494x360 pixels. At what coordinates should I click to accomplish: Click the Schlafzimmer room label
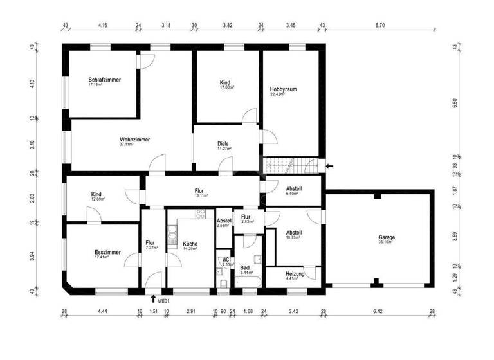click(105, 80)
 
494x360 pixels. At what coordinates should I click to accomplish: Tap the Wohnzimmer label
click(134, 139)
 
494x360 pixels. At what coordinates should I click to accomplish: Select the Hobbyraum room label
click(283, 89)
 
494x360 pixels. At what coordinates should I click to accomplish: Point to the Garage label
click(387, 237)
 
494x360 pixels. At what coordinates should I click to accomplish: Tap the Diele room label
click(223, 143)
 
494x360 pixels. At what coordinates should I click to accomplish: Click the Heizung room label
click(296, 273)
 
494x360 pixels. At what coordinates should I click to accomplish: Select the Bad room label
click(244, 267)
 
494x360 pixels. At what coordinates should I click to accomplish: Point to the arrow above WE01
click(152, 298)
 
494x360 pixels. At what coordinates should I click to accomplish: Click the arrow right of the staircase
click(330, 166)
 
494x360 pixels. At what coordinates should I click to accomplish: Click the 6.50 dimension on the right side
click(455, 102)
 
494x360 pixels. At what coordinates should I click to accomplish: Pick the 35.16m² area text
click(387, 243)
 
